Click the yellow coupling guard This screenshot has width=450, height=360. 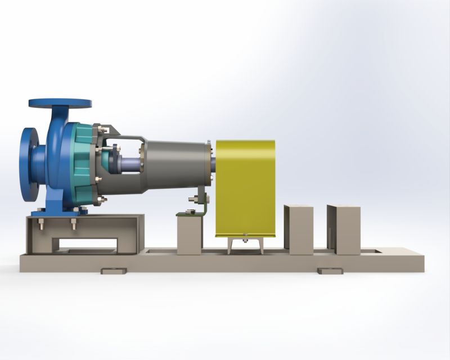tap(245, 188)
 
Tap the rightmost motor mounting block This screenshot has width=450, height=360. tap(344, 228)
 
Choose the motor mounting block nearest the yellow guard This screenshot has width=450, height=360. tap(299, 228)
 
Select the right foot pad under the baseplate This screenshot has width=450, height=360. tap(330, 271)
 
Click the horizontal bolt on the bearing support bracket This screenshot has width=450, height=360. tap(196, 199)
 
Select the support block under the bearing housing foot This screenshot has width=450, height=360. tap(189, 235)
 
